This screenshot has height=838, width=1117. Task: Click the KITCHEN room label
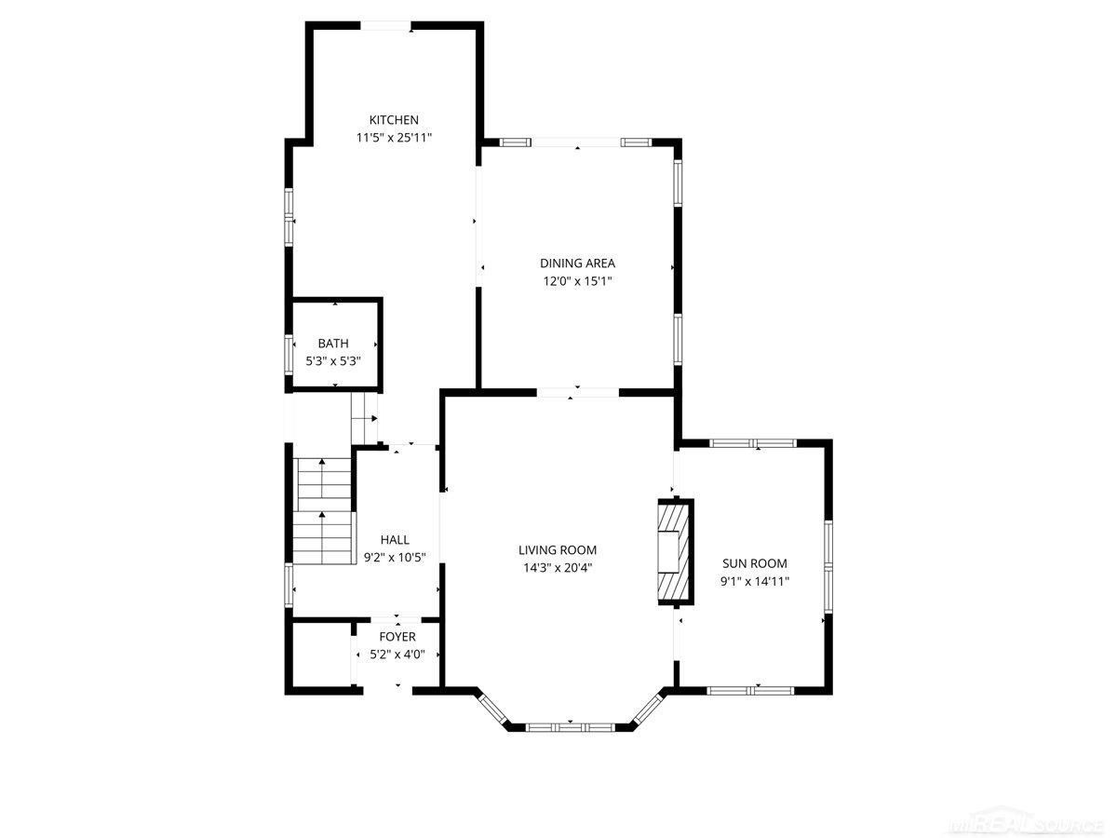tap(394, 120)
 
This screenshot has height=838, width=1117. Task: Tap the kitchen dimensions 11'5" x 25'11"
tap(394, 138)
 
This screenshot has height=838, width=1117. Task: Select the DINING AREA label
tap(577, 264)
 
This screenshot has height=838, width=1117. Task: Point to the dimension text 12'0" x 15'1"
tap(577, 281)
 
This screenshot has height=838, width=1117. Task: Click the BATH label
tap(333, 344)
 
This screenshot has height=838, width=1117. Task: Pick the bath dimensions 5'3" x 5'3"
tap(333, 361)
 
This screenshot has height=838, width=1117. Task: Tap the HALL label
tap(395, 540)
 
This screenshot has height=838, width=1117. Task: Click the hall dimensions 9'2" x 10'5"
tap(395, 558)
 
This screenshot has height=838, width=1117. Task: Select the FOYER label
tap(397, 637)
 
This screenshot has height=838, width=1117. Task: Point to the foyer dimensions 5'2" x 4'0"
tap(397, 655)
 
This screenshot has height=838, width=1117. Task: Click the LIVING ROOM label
tap(558, 550)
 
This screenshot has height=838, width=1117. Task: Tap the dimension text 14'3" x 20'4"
tap(558, 568)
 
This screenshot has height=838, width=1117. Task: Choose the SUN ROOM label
tap(754, 563)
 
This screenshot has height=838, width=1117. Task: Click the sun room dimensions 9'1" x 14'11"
tap(754, 582)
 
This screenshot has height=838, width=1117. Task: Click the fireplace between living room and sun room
tap(676, 552)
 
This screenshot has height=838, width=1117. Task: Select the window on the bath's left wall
tap(289, 355)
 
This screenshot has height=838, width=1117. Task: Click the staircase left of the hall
tap(323, 510)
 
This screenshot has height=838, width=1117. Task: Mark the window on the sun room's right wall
tap(828, 566)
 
